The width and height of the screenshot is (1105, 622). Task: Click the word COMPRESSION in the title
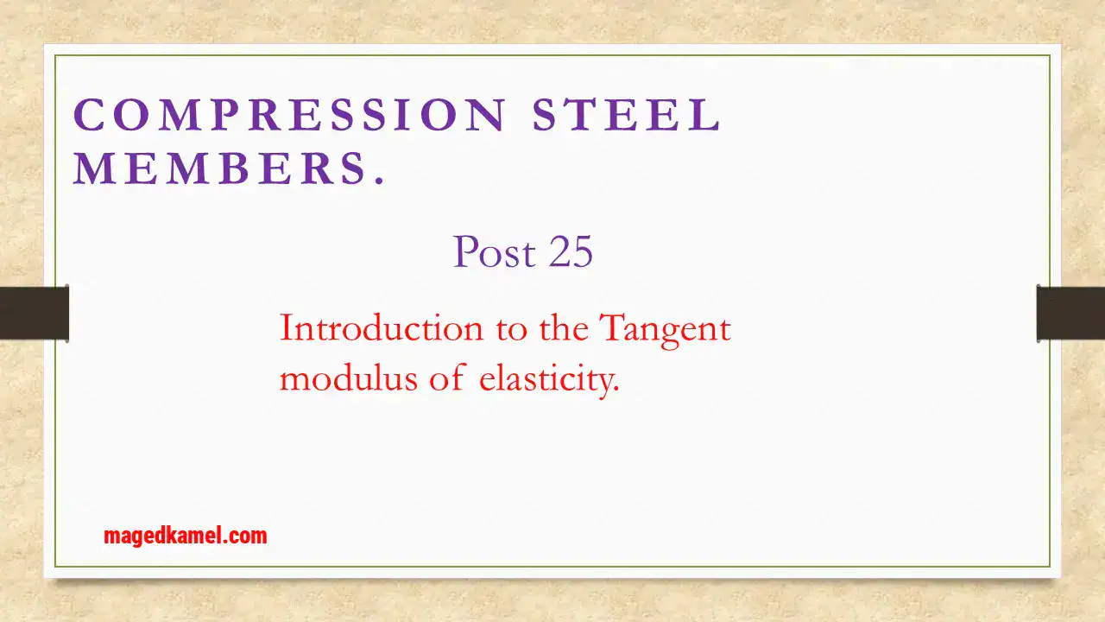click(289, 116)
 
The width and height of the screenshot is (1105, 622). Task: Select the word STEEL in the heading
click(627, 116)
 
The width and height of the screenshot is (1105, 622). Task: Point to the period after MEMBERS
click(377, 182)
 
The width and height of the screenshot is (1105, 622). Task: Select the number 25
click(569, 252)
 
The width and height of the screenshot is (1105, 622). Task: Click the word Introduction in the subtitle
click(382, 329)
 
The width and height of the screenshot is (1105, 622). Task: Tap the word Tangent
click(665, 329)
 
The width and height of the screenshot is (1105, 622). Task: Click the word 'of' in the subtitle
click(447, 378)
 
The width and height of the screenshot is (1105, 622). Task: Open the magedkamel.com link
click(185, 536)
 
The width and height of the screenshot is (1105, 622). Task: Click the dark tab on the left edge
click(35, 313)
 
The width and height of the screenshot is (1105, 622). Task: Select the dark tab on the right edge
click(1070, 313)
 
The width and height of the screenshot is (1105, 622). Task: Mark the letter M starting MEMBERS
click(91, 169)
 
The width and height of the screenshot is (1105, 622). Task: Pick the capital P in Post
click(465, 252)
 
